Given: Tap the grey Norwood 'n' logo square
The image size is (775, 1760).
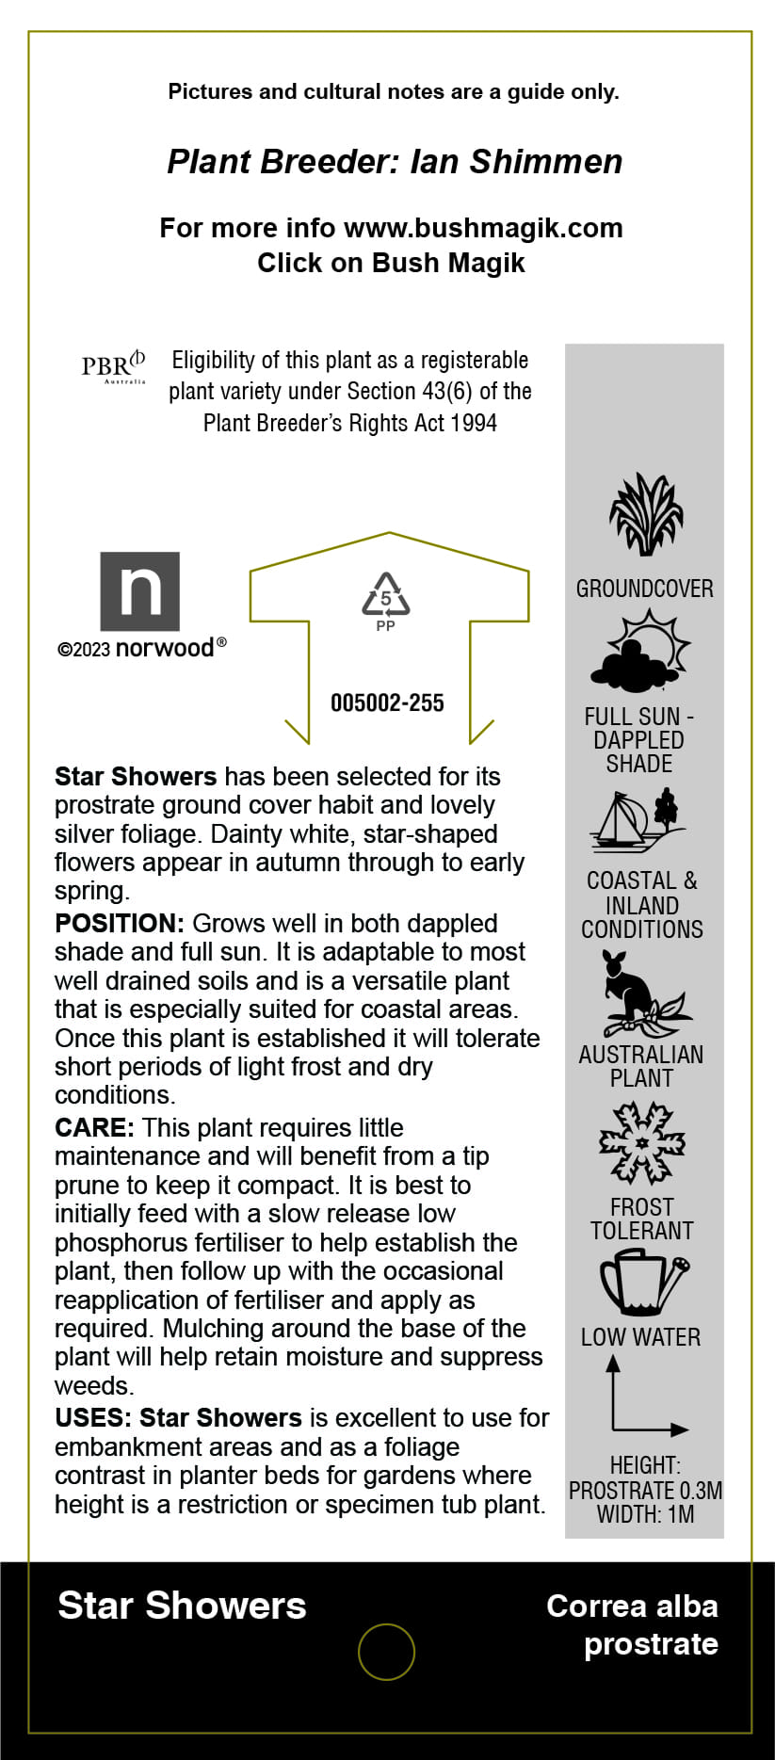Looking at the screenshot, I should tap(140, 591).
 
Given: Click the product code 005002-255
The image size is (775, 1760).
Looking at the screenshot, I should tap(387, 702).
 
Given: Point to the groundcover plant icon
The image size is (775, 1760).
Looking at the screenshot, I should tap(645, 515).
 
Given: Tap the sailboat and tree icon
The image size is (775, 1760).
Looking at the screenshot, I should tap(639, 818).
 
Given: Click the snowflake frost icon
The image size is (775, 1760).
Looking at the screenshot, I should tap(643, 1143).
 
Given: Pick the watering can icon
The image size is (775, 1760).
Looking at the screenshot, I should tap(643, 1282).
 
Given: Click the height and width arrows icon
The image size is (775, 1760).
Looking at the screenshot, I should tap(644, 1397).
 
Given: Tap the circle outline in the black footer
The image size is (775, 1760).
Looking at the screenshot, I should tap(386, 1652).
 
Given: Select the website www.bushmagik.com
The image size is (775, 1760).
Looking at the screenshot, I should tap(483, 228).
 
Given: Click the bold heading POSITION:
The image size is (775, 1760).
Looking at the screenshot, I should tap(119, 923).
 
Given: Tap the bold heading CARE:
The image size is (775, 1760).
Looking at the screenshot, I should tap(94, 1127).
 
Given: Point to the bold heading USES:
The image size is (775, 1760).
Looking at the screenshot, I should tap(92, 1417).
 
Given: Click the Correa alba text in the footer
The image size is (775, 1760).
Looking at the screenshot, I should tap(632, 1606).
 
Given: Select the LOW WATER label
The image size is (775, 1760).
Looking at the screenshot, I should tap(640, 1337).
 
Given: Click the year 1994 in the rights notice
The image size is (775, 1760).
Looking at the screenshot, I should tap(473, 423).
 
